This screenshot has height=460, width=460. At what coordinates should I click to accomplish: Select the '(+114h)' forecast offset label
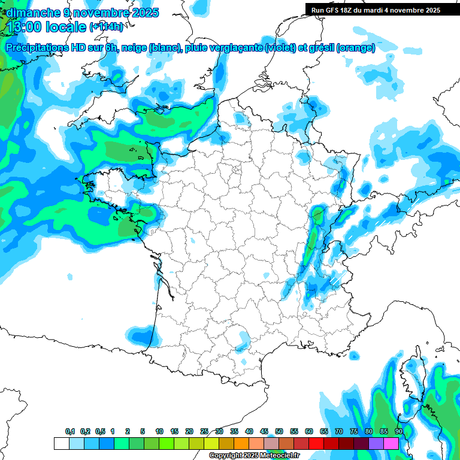point(106,27)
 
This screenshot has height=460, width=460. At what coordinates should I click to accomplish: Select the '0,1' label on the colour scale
point(70,432)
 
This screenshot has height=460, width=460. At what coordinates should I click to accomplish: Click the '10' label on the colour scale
point(159,432)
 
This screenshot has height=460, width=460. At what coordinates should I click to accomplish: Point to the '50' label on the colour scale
point(279,432)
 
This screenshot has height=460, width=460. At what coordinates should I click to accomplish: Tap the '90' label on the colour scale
point(398,432)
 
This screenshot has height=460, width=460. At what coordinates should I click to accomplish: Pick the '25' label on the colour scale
point(204,432)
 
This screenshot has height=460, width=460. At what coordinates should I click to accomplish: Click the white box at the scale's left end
point(61,443)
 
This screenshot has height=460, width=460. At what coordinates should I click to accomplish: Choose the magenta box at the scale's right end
point(391,443)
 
